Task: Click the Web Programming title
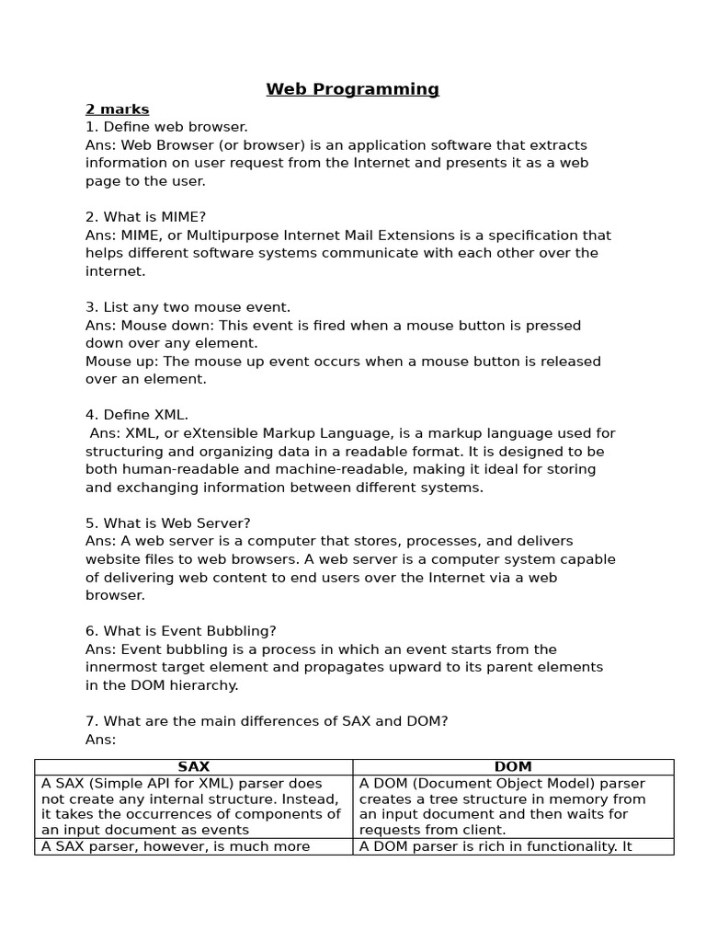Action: pyautogui.click(x=352, y=89)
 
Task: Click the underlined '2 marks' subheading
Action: pyautogui.click(x=117, y=109)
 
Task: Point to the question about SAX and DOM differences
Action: pyautogui.click(x=267, y=721)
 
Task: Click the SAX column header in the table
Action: pyautogui.click(x=194, y=766)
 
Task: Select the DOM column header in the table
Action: pyautogui.click(x=513, y=766)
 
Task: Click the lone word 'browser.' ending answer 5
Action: pyautogui.click(x=115, y=595)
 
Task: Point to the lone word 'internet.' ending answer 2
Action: pyautogui.click(x=115, y=271)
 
